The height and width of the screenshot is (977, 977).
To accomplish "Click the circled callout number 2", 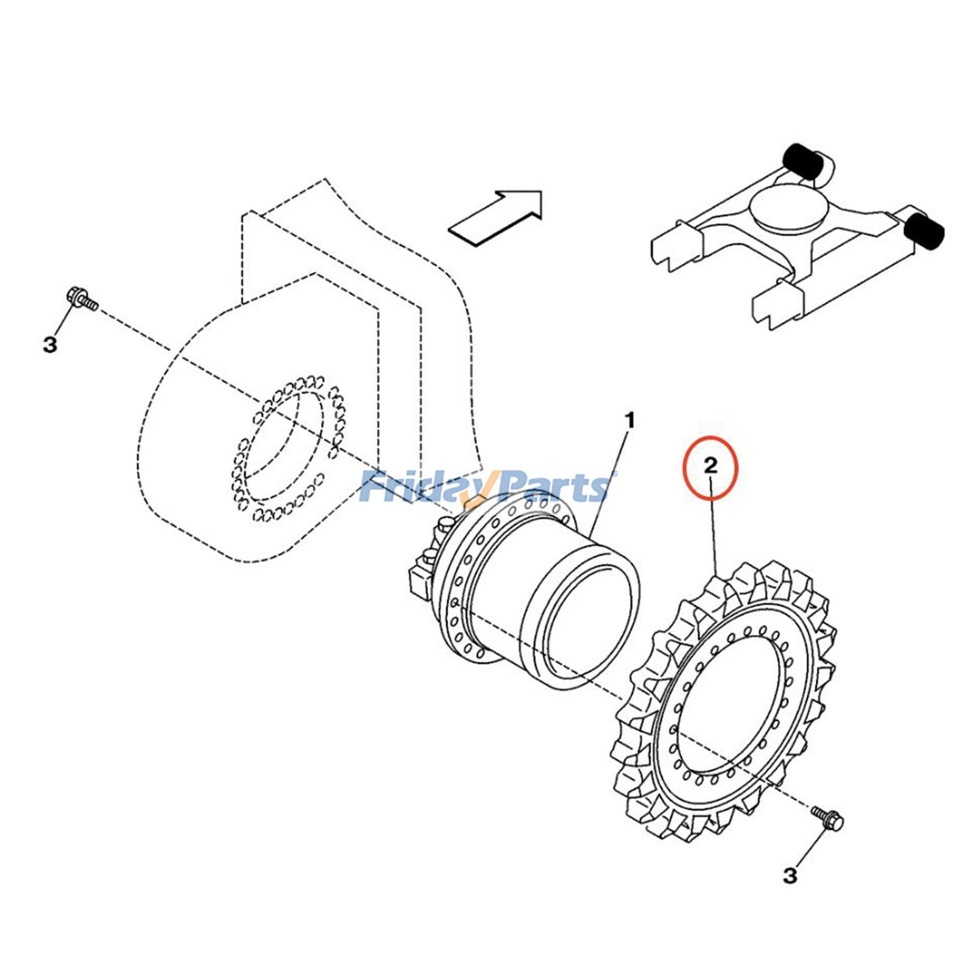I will point(710,467).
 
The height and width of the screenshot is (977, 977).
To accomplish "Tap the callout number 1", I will point(630,420).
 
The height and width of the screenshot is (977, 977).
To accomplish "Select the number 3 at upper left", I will point(49,344).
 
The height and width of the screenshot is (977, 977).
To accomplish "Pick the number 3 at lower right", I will point(790,876).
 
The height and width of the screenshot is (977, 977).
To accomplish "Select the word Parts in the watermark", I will point(550,488).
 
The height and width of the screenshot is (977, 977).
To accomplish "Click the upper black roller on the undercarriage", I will point(802,162).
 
